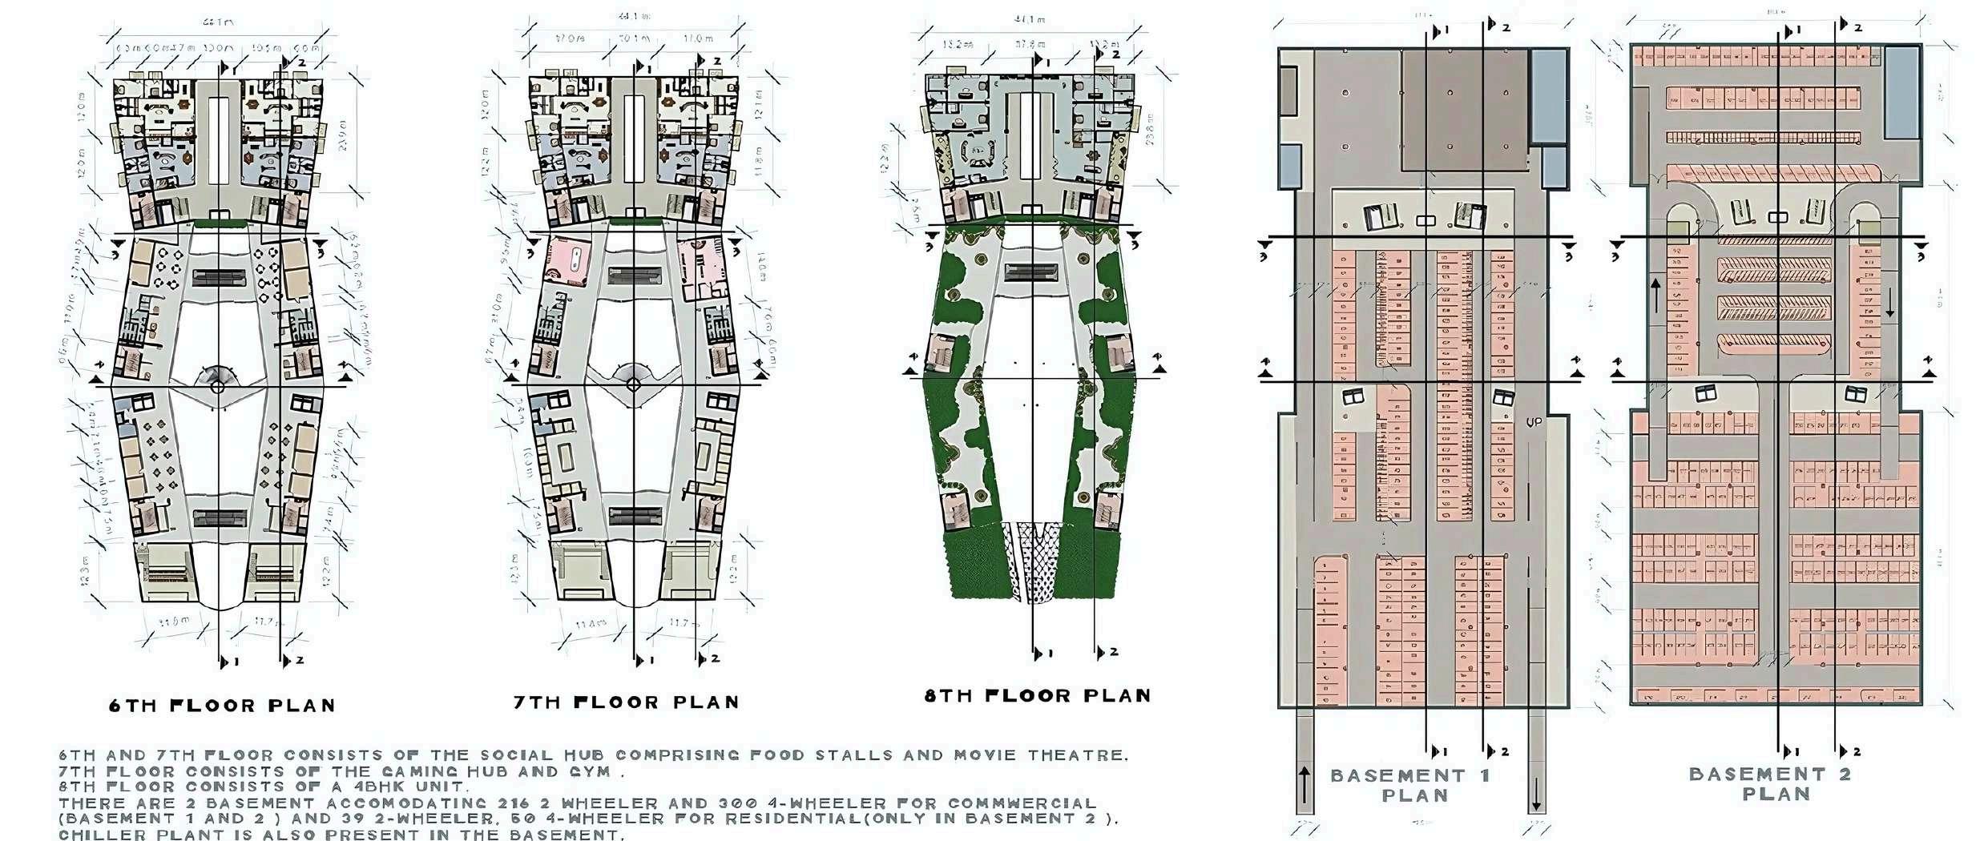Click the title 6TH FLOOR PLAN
click(x=222, y=706)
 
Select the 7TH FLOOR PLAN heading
click(x=626, y=702)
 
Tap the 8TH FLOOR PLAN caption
click(x=1038, y=695)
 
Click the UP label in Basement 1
click(x=1534, y=422)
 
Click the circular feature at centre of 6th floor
click(x=217, y=387)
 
